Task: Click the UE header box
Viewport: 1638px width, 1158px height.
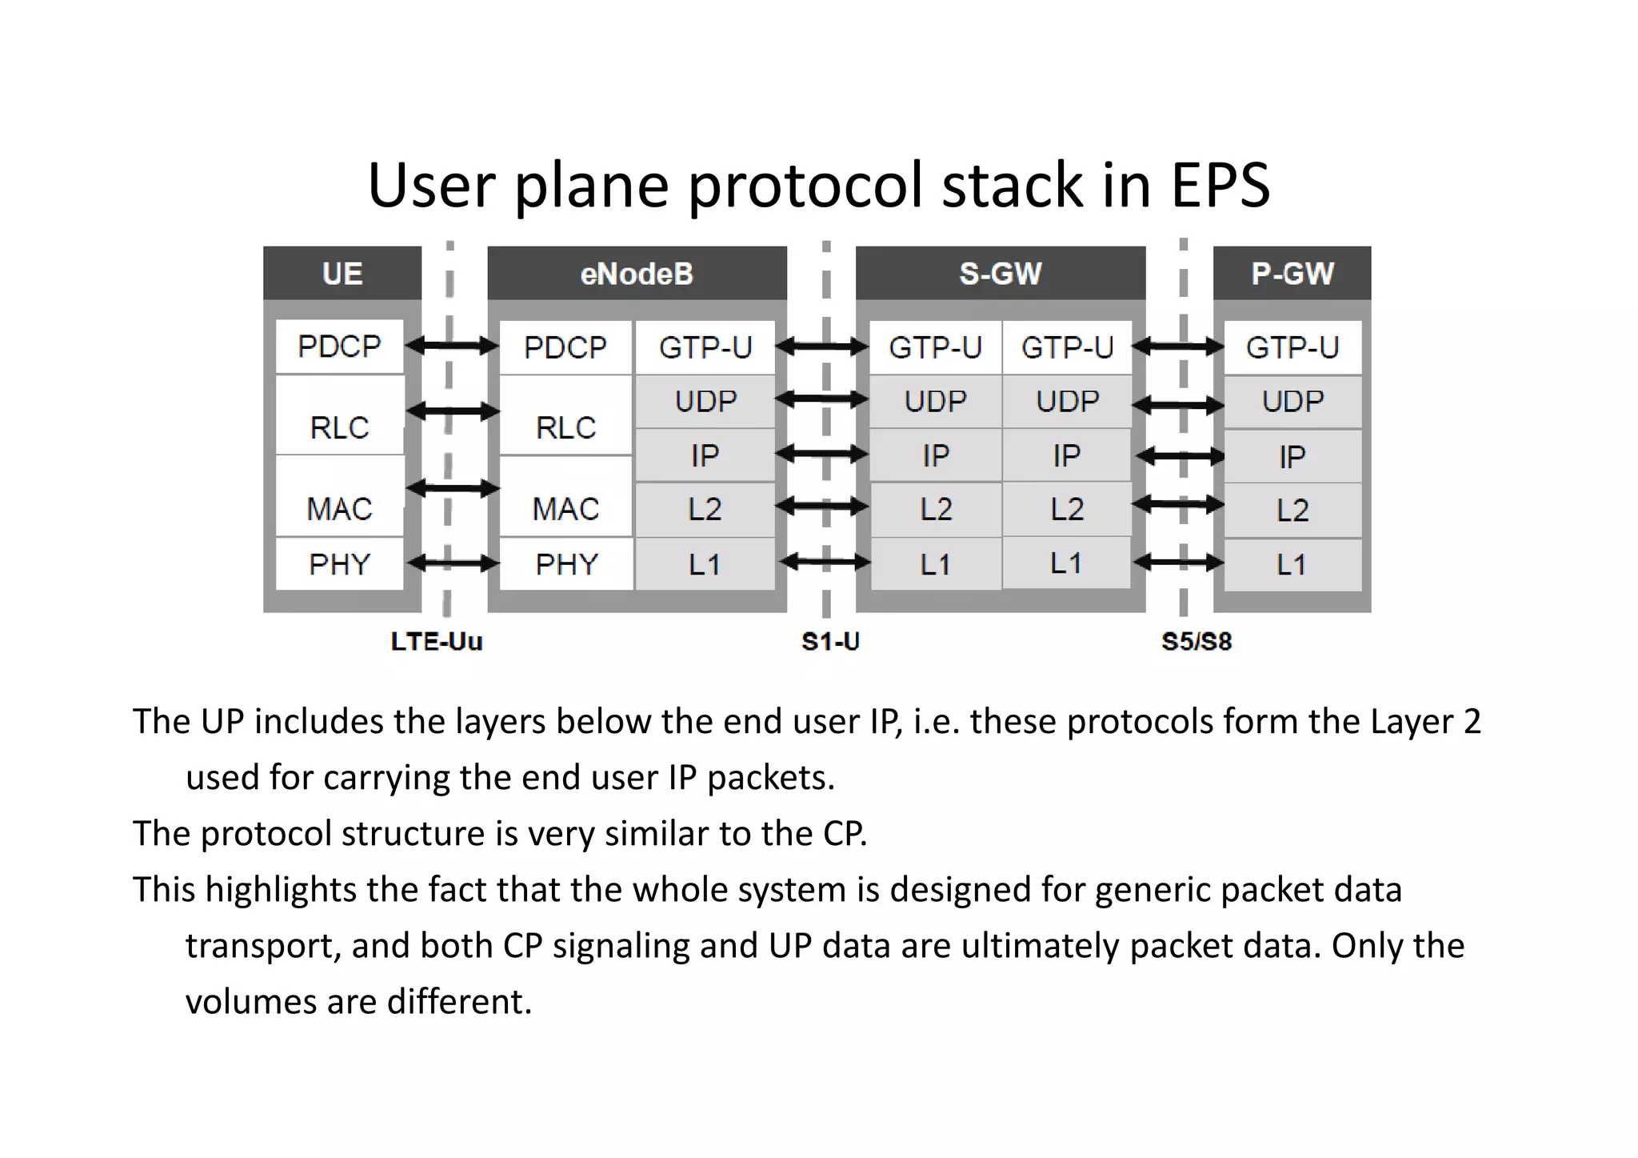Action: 342,274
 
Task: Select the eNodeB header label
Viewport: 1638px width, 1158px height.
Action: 637,274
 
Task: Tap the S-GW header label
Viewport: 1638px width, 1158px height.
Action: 1000,274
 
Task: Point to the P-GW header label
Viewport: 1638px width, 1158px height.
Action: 1292,274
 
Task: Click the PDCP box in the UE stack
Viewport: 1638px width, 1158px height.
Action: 339,347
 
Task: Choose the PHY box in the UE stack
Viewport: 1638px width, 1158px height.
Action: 339,564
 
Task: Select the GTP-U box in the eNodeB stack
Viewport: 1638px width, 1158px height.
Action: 705,347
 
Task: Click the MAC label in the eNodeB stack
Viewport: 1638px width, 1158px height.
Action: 565,509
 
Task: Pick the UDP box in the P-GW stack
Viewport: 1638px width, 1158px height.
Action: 1292,401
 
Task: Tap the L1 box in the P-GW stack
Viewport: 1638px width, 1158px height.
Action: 1292,565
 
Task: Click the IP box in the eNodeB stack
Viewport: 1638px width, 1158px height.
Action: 705,455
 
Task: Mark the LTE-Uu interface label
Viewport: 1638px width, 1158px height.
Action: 437,641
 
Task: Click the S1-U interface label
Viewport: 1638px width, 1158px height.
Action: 830,641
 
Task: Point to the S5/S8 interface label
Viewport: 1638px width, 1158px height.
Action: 1197,641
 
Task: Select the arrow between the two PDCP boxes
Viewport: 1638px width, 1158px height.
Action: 452,346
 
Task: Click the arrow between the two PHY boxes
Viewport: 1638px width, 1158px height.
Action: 452,563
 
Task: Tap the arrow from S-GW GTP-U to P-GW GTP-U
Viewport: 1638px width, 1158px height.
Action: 1178,347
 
